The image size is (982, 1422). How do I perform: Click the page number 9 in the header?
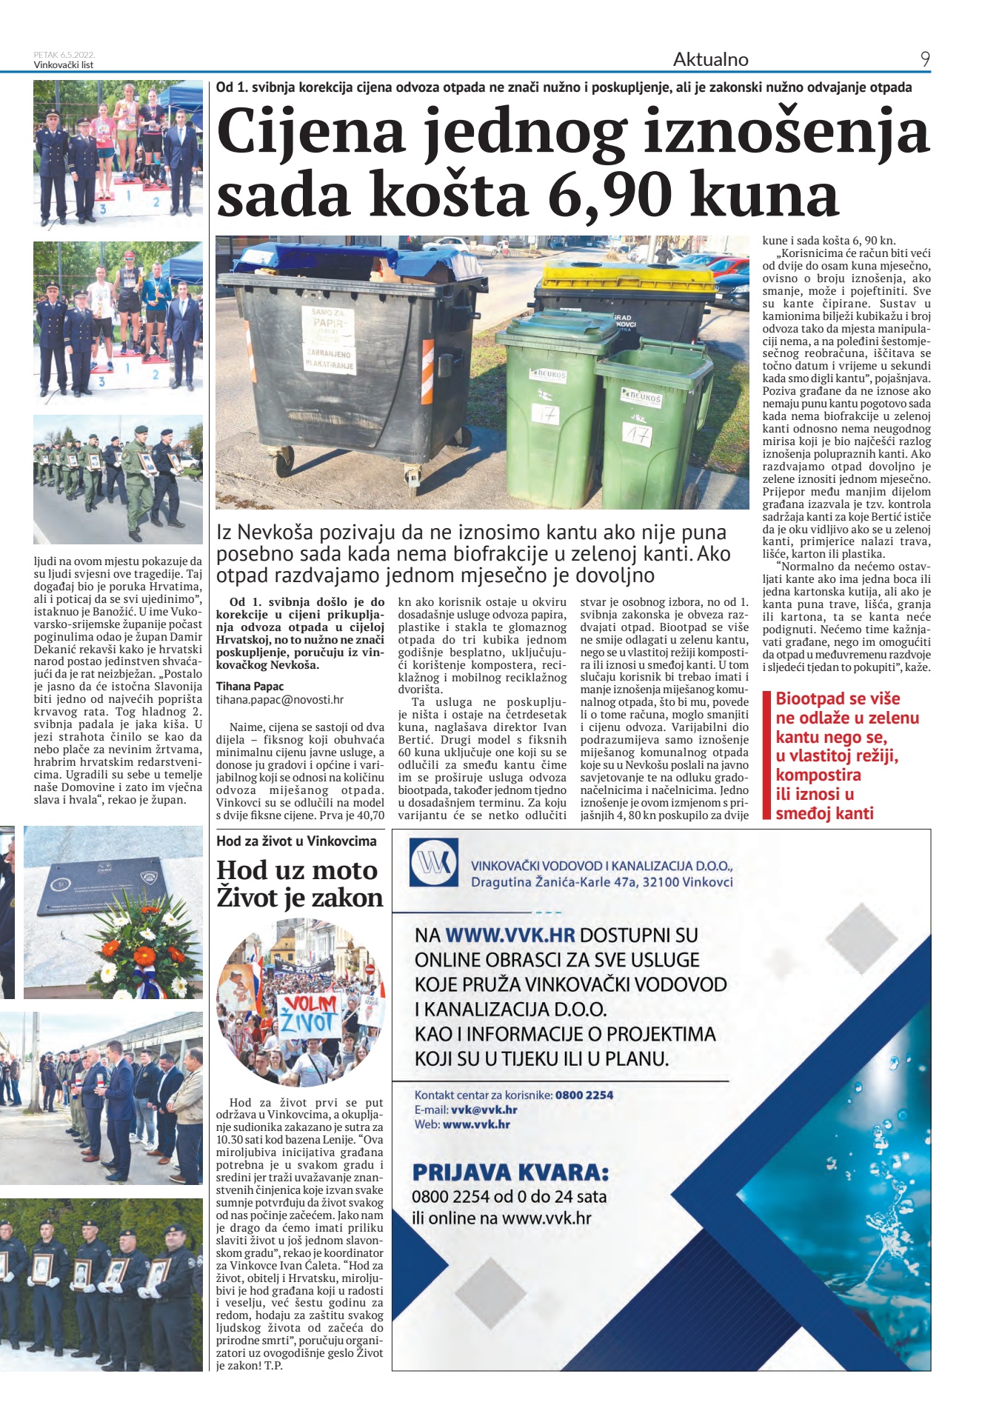point(924,59)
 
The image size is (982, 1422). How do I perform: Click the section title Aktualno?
point(710,59)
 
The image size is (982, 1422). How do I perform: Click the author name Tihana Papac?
point(250,686)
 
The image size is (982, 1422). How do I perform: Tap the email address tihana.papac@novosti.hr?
point(279,699)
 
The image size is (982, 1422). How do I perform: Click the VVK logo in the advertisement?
point(434,863)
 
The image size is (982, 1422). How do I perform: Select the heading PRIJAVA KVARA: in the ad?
point(510,1172)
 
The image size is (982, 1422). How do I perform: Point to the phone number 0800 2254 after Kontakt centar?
point(584,1095)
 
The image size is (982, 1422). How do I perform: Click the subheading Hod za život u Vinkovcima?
point(296,841)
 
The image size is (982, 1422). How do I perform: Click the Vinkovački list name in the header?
point(64,65)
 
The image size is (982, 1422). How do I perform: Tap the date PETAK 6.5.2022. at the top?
point(64,55)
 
